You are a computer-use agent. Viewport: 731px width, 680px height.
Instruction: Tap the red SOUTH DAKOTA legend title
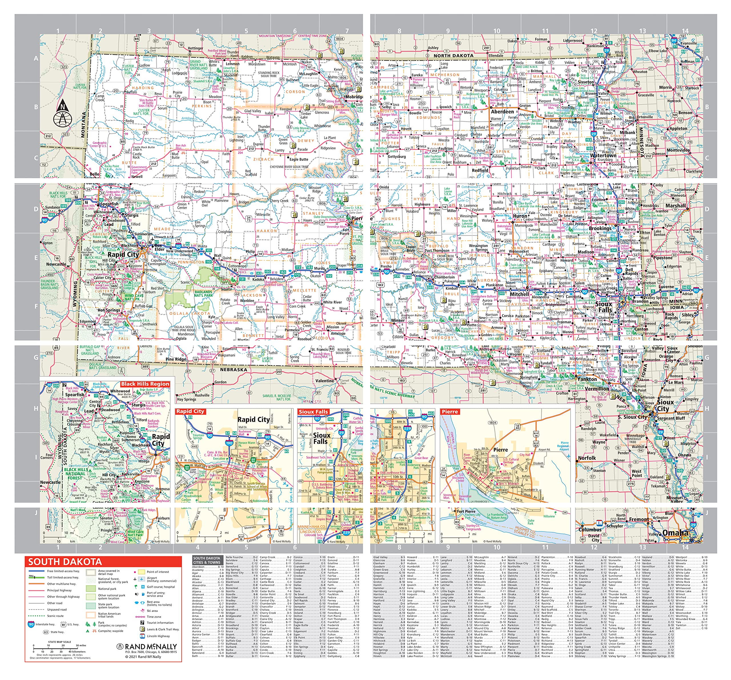65,561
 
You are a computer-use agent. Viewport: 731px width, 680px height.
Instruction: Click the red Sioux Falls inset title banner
313,412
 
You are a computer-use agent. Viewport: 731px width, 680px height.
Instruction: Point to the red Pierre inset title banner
450,412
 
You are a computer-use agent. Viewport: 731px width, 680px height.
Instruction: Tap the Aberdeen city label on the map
502,111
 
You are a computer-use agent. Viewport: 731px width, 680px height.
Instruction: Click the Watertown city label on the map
603,156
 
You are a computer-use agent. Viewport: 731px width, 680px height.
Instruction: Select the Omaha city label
676,533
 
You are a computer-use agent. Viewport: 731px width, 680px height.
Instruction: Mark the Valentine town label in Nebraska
325,381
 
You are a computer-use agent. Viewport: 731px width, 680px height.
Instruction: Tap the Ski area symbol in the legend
142,611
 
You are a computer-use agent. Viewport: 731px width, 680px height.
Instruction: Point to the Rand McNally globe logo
120,647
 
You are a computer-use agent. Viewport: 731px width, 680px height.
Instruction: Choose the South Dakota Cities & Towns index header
207,560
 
